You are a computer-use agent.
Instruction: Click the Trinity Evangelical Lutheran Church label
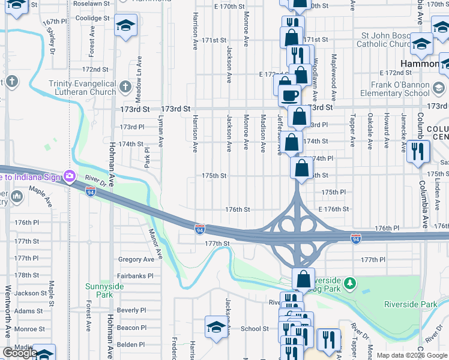point(82,88)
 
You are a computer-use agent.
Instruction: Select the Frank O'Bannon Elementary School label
point(395,89)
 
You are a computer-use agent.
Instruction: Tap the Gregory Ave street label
point(136,259)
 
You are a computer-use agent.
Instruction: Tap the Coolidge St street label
point(93,18)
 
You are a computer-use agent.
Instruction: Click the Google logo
point(20,353)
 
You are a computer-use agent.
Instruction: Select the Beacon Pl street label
point(131,328)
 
